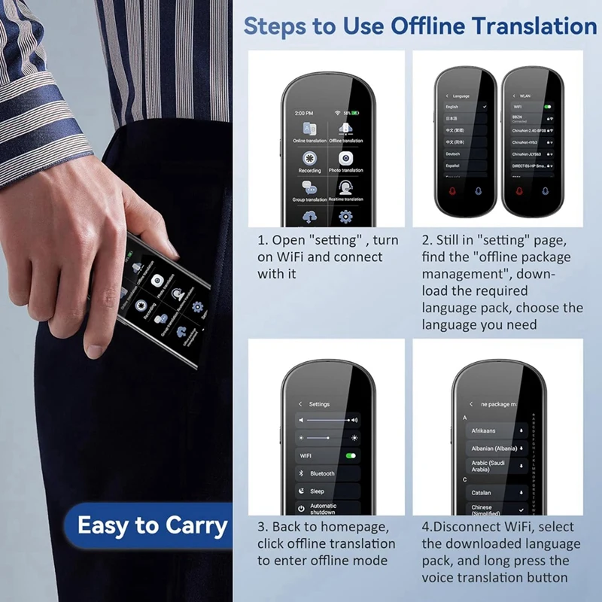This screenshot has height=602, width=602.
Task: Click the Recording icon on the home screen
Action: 309,159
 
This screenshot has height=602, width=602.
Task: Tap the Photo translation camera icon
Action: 345,159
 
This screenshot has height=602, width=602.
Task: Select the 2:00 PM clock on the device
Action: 303,112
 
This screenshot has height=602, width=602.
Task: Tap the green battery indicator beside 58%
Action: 357,112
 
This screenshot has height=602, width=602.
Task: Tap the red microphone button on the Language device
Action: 453,191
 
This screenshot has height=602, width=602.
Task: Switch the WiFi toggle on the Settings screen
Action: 350,455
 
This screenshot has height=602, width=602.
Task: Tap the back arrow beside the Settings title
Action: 300,404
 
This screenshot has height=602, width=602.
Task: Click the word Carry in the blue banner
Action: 193,525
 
